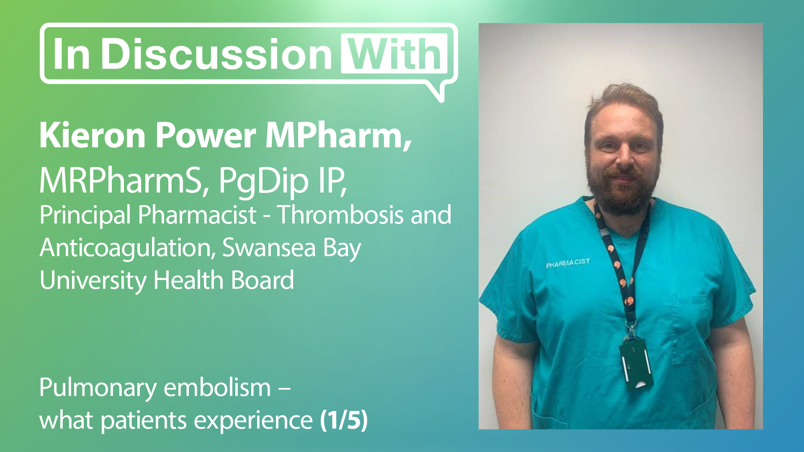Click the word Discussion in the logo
coord(216,54)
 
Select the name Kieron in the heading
coord(93,136)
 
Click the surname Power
coord(206,136)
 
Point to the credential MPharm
coord(335,136)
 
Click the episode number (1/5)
coord(344,420)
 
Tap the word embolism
coord(217,388)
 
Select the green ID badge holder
coord(636,364)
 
